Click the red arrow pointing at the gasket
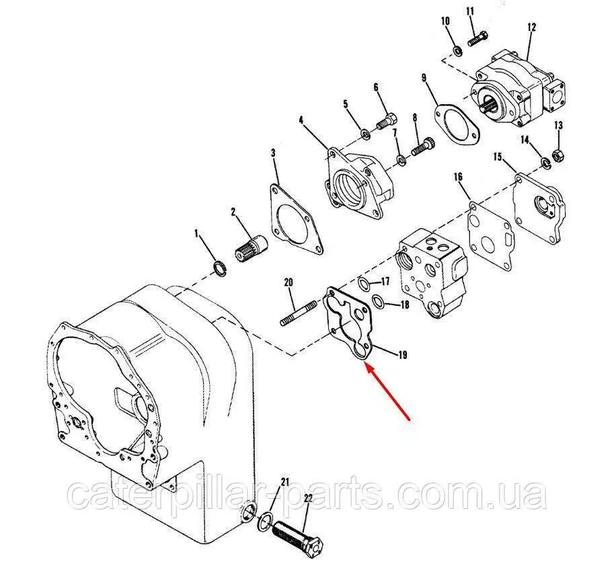click(387, 391)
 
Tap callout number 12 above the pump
click(531, 28)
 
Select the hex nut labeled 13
click(558, 155)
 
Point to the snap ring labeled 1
click(220, 268)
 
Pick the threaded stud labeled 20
click(299, 312)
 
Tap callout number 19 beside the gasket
click(402, 355)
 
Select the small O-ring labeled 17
click(363, 284)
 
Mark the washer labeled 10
click(457, 50)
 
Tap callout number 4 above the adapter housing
click(301, 120)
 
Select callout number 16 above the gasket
click(458, 177)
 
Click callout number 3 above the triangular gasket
click(273, 153)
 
